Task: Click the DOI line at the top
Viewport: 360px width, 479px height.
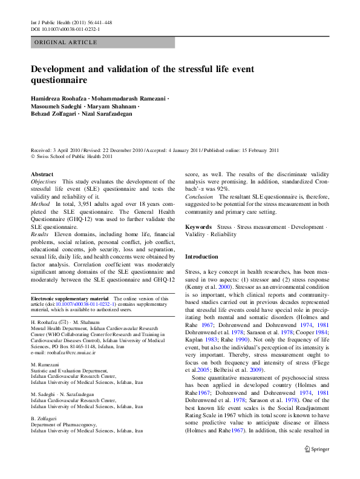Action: click(65, 28)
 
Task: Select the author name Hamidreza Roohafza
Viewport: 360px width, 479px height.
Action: click(57, 98)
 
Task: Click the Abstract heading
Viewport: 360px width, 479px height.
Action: click(42, 174)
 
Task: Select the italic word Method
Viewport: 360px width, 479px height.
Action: click(41, 204)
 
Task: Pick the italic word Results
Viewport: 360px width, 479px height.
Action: click(40, 234)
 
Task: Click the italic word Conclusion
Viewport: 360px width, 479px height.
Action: click(199, 197)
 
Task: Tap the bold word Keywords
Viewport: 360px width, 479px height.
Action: click(198, 226)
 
